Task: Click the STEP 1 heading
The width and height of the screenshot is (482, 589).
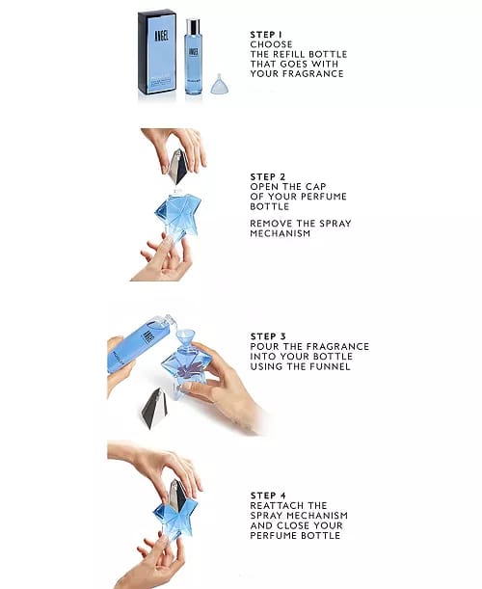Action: tap(266, 35)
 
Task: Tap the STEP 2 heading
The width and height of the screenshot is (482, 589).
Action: tap(268, 176)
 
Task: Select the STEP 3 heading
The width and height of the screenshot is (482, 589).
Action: tap(268, 336)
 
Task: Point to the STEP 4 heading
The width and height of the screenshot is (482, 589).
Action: tap(268, 495)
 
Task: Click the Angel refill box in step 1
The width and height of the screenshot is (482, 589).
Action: tap(157, 52)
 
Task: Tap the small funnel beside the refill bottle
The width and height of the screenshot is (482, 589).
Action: tap(220, 84)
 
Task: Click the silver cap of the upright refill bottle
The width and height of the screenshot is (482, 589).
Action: tap(193, 25)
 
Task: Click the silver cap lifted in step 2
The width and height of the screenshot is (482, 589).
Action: tap(177, 166)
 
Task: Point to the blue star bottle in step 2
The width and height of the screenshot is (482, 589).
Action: tap(177, 217)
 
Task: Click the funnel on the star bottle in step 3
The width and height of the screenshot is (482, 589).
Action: tap(185, 339)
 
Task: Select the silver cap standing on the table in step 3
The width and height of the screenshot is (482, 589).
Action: tap(154, 409)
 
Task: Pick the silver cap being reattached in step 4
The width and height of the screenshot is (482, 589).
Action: tap(177, 495)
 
